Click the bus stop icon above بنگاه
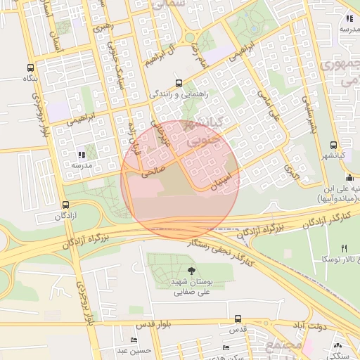[30, 68]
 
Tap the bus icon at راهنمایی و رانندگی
[179, 82]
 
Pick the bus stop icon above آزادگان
[66, 205]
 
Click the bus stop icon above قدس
[238, 319]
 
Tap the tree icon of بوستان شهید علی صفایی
[192, 269]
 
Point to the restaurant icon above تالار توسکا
[344, 248]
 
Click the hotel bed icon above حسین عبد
[134, 340]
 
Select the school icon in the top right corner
[348, 19]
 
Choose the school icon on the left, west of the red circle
[82, 155]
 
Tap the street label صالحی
[153, 166]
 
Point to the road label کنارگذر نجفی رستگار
[219, 252]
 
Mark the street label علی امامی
[268, 103]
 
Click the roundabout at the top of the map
[189, 37]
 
